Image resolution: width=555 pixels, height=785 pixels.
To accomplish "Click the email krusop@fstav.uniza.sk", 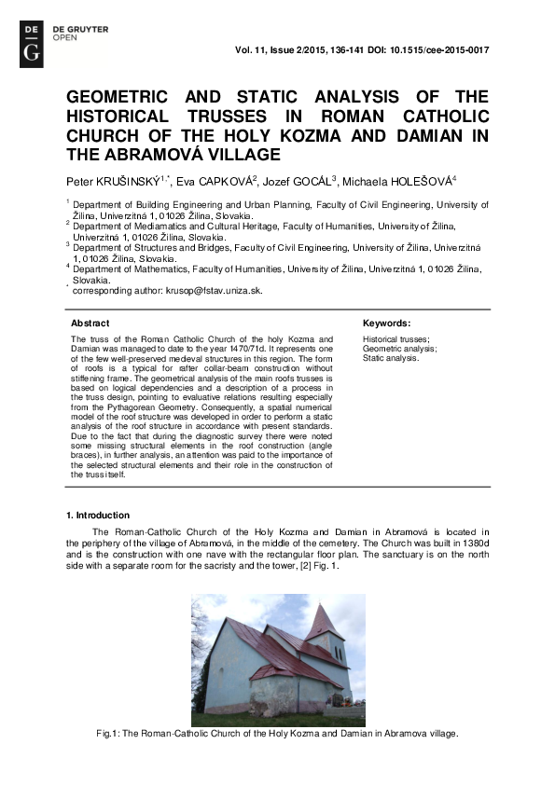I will pyautogui.click(x=215, y=290).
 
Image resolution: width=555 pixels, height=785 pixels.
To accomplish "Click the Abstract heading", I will pyautogui.click(x=90, y=323).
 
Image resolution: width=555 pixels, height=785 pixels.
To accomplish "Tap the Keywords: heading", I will pyautogui.click(x=386, y=323).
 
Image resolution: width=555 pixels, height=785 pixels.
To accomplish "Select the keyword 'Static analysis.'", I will pyautogui.click(x=392, y=358).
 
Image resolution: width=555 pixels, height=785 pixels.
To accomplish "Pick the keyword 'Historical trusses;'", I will pyautogui.click(x=396, y=338).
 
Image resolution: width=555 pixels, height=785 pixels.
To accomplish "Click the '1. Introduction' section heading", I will pyautogui.click(x=98, y=515).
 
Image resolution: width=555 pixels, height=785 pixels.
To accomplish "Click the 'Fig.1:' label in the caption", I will pyautogui.click(x=107, y=735).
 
